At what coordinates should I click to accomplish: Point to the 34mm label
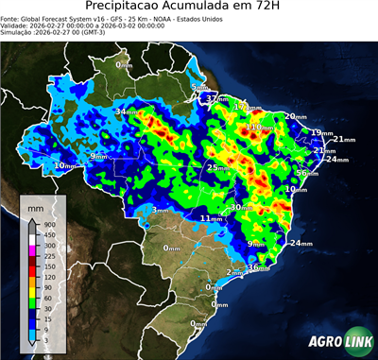coord(126,112)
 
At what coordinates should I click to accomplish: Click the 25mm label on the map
coord(218,168)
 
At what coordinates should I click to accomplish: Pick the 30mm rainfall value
coord(243,207)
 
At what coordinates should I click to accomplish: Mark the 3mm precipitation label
coord(160,210)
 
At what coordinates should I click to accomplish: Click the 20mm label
coord(296,116)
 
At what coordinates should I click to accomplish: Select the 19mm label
coord(321,132)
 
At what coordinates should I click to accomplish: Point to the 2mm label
coord(235,272)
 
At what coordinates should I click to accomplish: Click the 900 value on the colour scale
coord(49,224)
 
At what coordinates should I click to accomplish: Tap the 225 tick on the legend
coord(49,255)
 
